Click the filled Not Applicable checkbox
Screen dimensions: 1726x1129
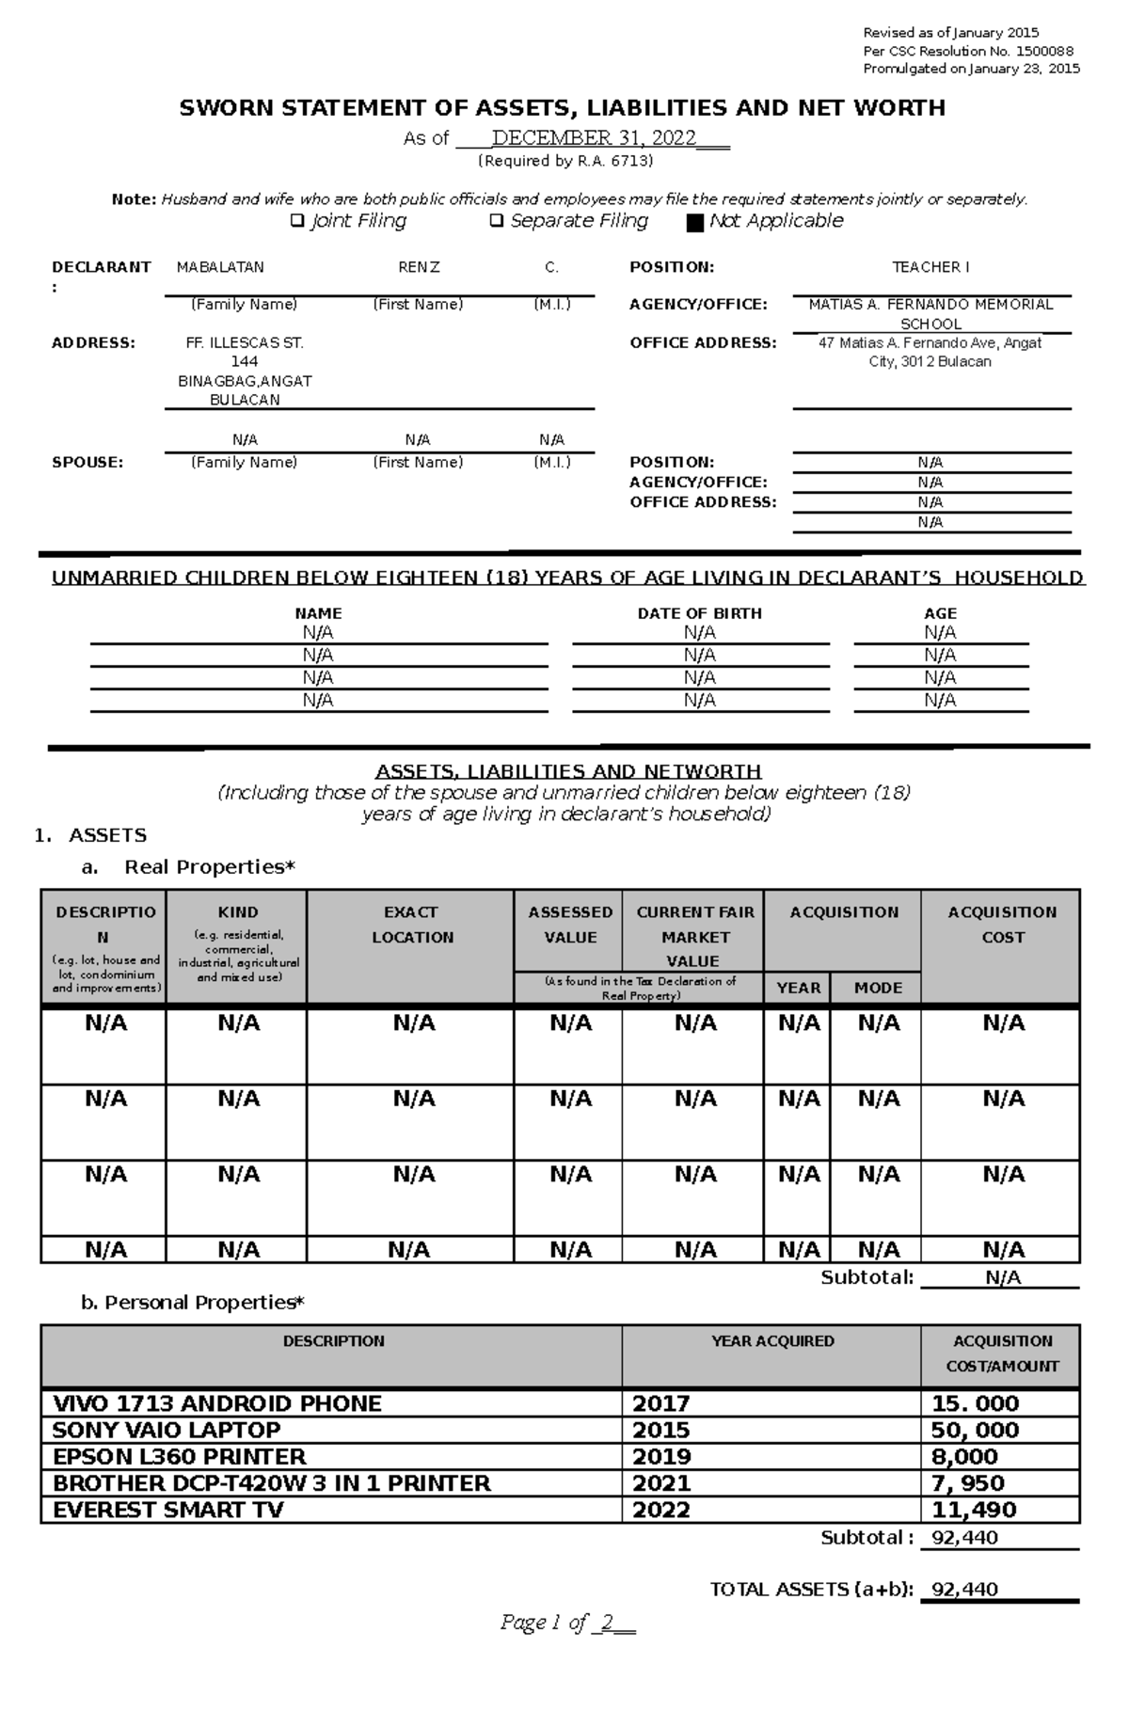(x=695, y=223)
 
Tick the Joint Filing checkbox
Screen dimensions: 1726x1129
(x=296, y=221)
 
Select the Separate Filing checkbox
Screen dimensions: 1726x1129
(x=496, y=221)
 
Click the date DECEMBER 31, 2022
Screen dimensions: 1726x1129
(x=594, y=139)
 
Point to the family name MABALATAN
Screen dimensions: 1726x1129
(x=220, y=267)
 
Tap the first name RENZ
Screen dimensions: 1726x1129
(x=419, y=267)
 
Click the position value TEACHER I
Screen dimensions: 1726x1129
(x=930, y=267)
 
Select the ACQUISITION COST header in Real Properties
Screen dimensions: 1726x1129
(x=1002, y=925)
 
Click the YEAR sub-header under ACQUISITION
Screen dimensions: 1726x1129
(x=798, y=988)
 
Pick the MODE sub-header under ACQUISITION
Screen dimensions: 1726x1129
(x=878, y=988)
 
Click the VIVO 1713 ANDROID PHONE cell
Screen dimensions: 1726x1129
(x=217, y=1403)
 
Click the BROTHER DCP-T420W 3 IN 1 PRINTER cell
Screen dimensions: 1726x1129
(x=272, y=1483)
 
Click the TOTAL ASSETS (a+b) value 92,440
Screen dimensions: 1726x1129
(x=964, y=1589)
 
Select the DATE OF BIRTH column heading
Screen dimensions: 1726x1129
(x=699, y=613)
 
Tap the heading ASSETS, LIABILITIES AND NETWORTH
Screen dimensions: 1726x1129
(x=567, y=771)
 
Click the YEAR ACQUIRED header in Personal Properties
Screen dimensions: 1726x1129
(x=772, y=1341)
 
